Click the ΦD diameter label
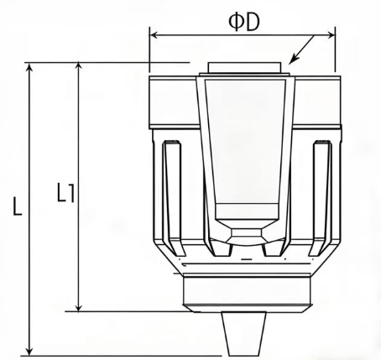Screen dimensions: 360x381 (x=244, y=18)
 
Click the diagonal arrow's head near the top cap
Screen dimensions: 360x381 (x=290, y=62)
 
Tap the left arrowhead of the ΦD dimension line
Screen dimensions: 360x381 (x=153, y=34)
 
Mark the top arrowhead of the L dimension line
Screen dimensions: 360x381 (x=30, y=66)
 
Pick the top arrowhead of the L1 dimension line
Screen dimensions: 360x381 (x=80, y=66)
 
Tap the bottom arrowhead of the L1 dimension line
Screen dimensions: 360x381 (x=80, y=307)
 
